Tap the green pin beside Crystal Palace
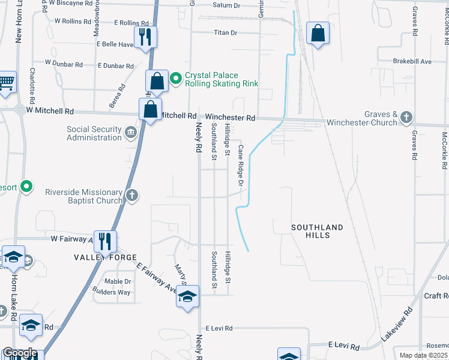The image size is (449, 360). (x=176, y=78)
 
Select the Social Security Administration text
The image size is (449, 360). (x=94, y=133)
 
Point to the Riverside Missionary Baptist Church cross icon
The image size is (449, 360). (x=132, y=195)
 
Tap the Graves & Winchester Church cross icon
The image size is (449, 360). (x=406, y=117)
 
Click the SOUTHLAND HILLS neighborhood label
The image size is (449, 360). (x=318, y=232)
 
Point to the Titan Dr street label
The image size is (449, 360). (x=226, y=32)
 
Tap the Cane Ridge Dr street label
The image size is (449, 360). (x=240, y=165)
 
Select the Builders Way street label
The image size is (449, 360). (x=112, y=292)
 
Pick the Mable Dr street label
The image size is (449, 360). (x=118, y=281)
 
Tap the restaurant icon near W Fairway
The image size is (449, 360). (x=105, y=241)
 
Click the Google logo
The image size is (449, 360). (x=19, y=353)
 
